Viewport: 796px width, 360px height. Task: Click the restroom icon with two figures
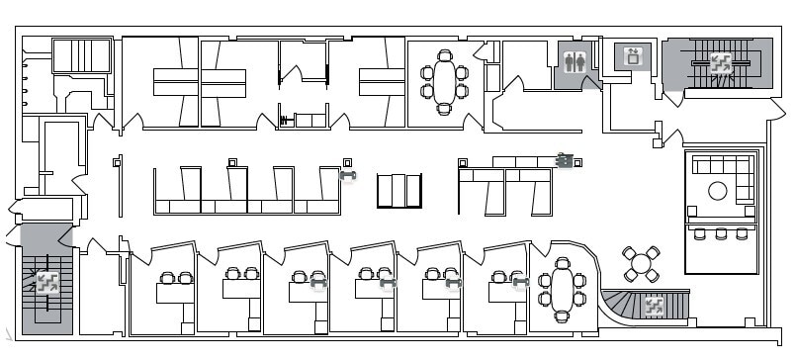point(575,61)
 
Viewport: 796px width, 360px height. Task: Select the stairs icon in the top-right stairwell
point(719,62)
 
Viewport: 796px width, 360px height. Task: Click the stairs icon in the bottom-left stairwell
point(45,282)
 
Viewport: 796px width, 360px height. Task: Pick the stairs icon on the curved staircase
point(654,305)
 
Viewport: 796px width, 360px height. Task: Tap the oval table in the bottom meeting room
point(563,290)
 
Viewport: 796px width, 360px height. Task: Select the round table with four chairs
point(641,264)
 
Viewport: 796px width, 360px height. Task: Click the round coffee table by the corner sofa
point(718,191)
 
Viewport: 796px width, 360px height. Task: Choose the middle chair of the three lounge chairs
point(721,233)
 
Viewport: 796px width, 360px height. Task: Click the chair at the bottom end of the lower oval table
point(563,316)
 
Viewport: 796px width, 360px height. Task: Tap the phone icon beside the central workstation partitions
point(347,176)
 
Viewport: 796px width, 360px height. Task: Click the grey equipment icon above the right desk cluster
point(565,159)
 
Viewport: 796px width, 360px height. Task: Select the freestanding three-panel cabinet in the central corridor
point(398,191)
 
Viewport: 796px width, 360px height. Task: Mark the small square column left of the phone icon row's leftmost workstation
point(232,162)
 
